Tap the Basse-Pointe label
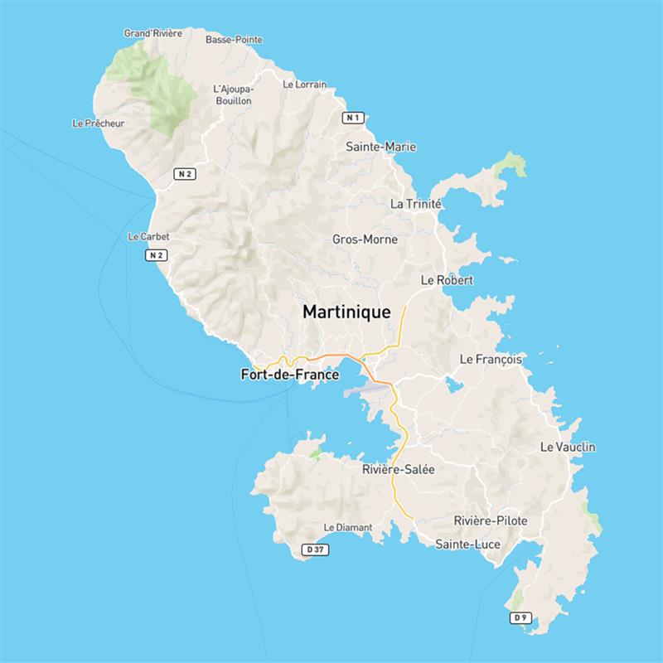point(234,39)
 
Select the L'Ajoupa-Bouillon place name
point(232,94)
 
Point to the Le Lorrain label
point(304,84)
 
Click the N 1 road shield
point(353,118)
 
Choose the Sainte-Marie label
point(380,147)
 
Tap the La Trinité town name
point(415,204)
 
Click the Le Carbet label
point(149,236)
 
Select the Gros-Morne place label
point(365,240)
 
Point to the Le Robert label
point(447,280)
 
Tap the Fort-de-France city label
point(289,375)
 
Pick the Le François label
point(491,360)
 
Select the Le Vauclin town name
point(568,447)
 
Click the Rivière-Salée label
point(399,469)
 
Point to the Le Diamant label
point(348,526)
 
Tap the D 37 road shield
point(313,549)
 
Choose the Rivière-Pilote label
point(491,520)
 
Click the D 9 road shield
point(520,617)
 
